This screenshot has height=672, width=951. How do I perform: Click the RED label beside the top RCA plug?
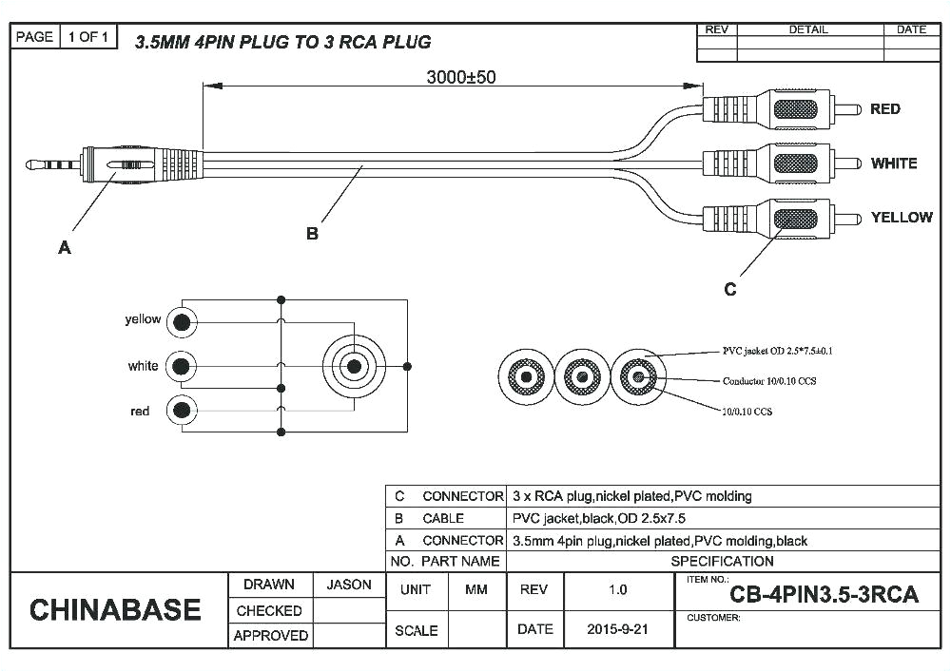pos(884,109)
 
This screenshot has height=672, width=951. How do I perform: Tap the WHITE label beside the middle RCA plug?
pos(893,163)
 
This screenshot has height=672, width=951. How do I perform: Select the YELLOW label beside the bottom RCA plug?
pos(901,218)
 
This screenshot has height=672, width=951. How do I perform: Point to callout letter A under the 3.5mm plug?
pos(65,248)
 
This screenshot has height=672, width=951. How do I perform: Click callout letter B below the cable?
pos(312,234)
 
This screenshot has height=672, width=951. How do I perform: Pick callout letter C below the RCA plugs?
pos(729,290)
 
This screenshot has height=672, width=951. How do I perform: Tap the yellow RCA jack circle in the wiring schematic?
pos(181,322)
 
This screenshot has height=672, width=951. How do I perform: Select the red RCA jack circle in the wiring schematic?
pos(181,411)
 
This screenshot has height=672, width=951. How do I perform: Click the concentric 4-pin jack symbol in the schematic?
pos(354,366)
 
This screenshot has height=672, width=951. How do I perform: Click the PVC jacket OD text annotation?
pos(778,352)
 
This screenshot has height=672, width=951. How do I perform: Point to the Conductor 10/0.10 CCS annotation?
pos(769,381)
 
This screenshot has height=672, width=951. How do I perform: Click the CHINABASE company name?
pos(115,610)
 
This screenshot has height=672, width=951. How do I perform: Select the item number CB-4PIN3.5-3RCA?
pos(824,596)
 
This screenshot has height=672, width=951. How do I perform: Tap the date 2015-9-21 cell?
pos(618,629)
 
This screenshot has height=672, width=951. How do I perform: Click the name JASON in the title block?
pos(349,585)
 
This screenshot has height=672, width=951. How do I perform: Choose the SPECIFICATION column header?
pos(722,562)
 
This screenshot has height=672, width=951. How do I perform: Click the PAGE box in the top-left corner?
pos(35,37)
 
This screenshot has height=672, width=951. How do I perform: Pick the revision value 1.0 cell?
pos(618,590)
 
